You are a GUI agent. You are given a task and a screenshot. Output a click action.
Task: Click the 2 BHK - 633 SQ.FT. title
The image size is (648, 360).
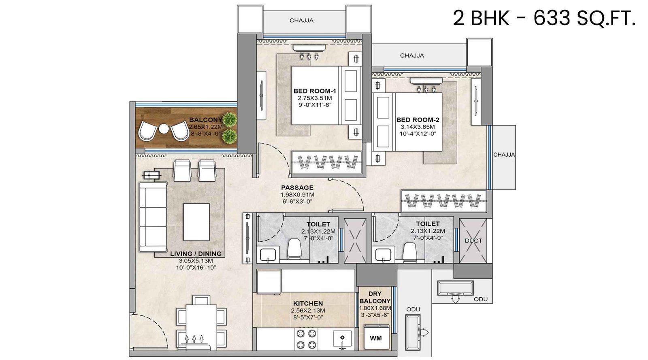point(544,18)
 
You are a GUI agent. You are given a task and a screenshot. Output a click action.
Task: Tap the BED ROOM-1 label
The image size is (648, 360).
point(315,91)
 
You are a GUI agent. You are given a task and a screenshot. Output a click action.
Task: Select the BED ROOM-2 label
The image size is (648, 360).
point(418,120)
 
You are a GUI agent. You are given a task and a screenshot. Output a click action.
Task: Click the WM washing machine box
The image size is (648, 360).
point(376,338)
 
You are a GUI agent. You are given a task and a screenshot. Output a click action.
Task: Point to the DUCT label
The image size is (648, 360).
point(473,241)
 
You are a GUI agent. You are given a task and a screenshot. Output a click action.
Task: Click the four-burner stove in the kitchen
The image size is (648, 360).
point(306,339)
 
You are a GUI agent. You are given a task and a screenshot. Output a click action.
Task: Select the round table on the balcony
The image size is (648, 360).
point(164,129)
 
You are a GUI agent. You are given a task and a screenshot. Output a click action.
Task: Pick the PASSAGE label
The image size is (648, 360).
point(297,187)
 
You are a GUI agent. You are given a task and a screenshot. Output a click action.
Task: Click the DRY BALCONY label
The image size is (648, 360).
point(375,297)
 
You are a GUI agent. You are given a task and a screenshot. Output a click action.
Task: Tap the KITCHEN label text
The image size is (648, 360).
point(308,303)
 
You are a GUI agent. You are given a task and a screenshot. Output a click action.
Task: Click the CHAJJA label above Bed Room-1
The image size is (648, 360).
point(301,20)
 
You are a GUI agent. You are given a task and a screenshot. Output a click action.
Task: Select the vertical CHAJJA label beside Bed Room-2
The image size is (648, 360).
point(504,155)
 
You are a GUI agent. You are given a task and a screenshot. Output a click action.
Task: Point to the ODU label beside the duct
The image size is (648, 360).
point(480,299)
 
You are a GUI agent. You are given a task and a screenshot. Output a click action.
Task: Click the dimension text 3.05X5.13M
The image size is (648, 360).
point(196,261)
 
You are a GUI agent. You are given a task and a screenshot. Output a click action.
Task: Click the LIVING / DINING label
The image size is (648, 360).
point(196,254)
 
